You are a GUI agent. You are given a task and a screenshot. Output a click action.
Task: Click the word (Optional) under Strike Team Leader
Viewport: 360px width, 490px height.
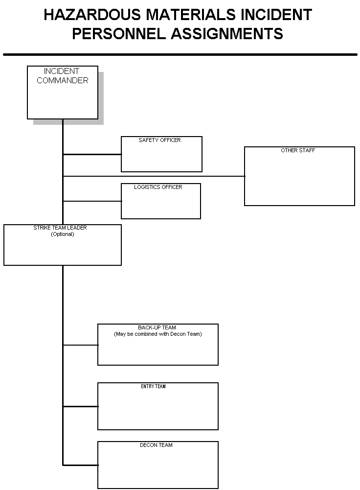coord(63,234)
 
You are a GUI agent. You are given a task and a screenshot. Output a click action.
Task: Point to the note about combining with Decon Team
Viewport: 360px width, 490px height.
coord(158,334)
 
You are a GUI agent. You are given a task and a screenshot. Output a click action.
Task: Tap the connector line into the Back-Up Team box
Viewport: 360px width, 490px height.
coord(81,345)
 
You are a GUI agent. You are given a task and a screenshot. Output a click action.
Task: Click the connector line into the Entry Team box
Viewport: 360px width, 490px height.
coord(81,406)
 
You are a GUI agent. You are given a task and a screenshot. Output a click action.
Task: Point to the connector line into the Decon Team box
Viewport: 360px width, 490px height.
coord(81,465)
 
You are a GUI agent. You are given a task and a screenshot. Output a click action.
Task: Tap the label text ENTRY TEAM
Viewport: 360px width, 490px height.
coord(153,387)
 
